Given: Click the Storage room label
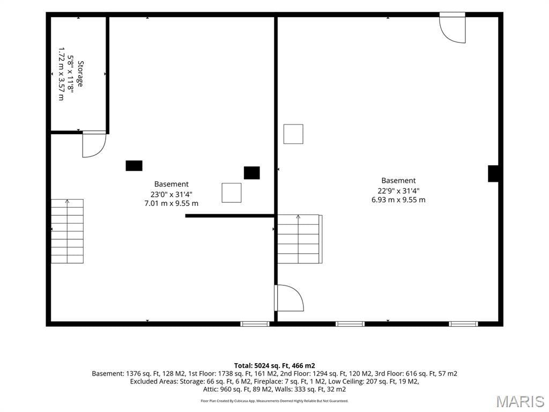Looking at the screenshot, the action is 80,74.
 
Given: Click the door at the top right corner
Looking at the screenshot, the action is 452,28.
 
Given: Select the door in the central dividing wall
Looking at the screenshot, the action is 289,298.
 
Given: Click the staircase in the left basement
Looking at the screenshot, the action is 67,231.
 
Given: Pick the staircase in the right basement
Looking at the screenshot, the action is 300,239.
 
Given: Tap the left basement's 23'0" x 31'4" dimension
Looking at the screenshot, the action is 172,194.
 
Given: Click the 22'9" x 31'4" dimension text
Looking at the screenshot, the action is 398,190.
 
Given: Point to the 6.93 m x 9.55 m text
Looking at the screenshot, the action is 398,200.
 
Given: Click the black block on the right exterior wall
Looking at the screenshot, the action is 493,173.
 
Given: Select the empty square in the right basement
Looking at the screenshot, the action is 293,134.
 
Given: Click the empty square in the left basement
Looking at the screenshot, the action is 232,193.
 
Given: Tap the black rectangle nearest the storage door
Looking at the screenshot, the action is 134,166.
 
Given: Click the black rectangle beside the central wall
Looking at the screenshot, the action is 252,173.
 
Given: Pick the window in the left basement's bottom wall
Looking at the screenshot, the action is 255,323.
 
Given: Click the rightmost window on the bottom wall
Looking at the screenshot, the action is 463,323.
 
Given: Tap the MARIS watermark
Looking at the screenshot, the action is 520,402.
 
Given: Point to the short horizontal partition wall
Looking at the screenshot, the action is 229,216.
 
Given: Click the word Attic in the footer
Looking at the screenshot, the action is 210,389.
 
